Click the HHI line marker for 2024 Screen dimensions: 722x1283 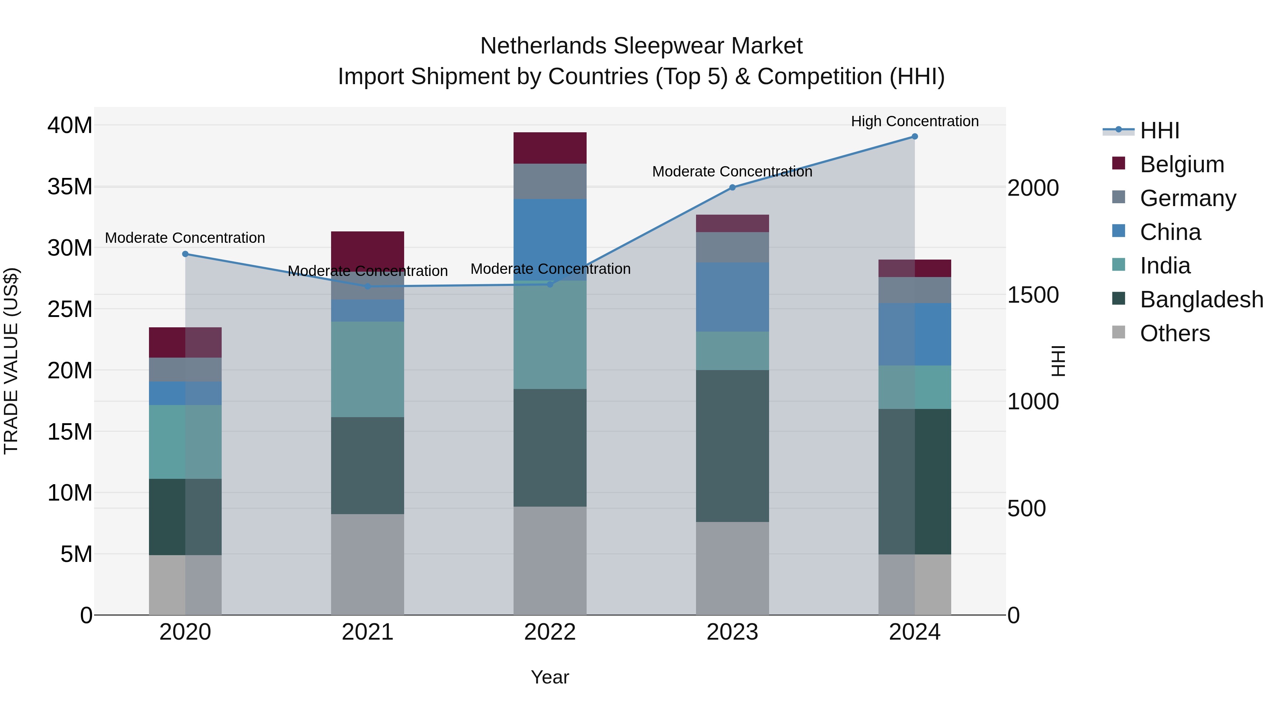pos(914,137)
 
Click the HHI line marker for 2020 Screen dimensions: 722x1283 pos(185,254)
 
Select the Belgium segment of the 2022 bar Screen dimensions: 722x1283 pos(550,148)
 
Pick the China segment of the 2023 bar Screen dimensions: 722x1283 pos(732,297)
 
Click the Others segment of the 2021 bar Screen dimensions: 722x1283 pos(367,564)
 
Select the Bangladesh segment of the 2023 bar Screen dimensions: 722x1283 pos(732,446)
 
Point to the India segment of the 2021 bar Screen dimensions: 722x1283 pos(367,369)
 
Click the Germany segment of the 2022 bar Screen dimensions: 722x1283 pos(550,181)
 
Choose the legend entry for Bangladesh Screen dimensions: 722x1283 pos(1201,299)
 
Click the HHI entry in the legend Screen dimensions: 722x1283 pos(1159,130)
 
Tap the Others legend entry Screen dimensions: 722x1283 pos(1174,333)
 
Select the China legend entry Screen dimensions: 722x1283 pos(1170,232)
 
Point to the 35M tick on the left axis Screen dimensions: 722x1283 pos(70,187)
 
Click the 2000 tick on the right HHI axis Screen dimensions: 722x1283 pos(1032,188)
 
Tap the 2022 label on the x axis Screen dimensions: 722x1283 pos(550,632)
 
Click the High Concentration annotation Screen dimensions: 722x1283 pos(914,121)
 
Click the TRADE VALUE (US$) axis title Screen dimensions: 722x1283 pos(11,361)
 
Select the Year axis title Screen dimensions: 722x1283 pos(550,677)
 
